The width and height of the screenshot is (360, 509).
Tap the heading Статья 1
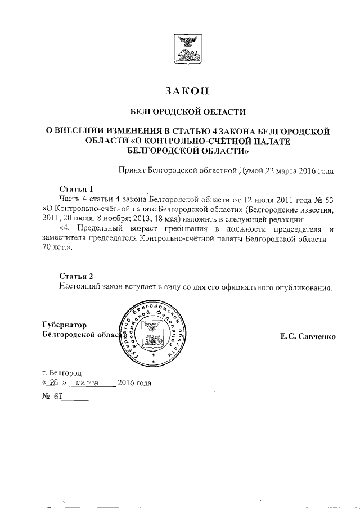click(76, 188)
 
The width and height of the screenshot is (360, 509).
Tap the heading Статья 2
click(76, 276)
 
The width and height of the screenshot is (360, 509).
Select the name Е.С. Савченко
click(308, 336)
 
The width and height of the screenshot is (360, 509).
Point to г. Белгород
click(62, 372)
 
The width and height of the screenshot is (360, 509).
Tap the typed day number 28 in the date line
click(54, 384)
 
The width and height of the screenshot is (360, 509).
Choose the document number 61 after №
click(57, 397)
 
